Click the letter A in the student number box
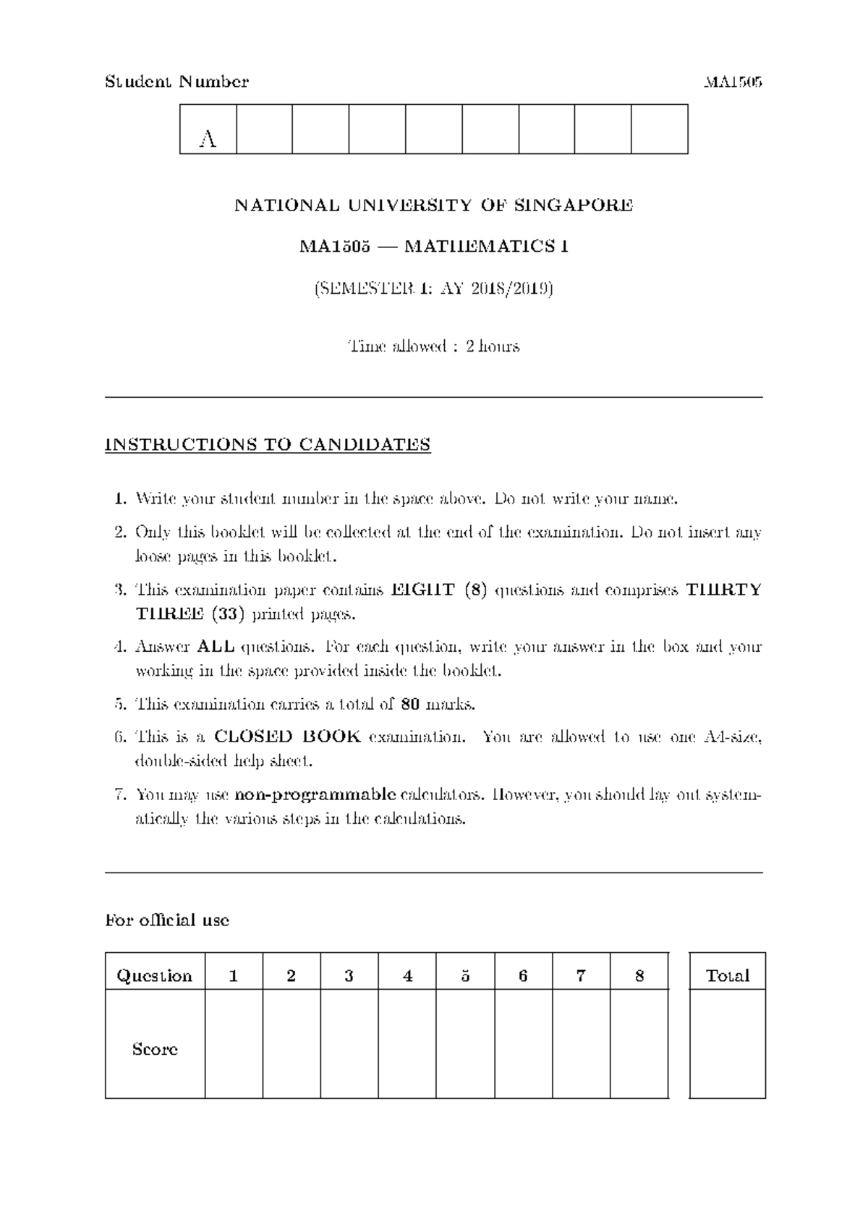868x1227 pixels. tap(208, 139)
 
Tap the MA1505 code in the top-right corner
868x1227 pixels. tap(733, 82)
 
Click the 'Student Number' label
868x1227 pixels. tap(177, 82)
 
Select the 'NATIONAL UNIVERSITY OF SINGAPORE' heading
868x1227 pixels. tap(434, 205)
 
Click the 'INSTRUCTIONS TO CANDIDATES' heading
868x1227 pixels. tap(268, 444)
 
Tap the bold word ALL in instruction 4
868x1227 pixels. tap(216, 647)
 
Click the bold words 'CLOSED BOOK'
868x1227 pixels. tap(288, 737)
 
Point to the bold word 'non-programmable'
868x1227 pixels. tap(316, 795)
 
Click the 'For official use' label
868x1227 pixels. tap(167, 920)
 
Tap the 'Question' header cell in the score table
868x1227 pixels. tap(155, 976)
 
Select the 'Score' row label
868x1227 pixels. tap(155, 1049)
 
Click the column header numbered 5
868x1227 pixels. tap(465, 976)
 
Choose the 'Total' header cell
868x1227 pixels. tap(727, 976)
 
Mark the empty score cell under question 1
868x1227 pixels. tap(234, 1043)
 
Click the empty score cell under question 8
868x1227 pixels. tap(639, 1043)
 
